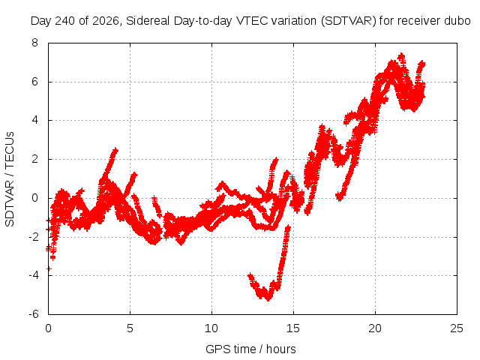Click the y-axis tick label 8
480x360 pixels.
[x=35, y=43]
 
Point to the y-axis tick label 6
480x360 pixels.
[x=35, y=82]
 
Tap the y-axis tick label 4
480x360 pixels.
[x=35, y=120]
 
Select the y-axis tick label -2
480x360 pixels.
[x=33, y=237]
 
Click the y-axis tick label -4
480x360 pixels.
[x=33, y=275]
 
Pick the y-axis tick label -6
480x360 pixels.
[x=33, y=314]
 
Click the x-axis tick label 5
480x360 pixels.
[x=130, y=328]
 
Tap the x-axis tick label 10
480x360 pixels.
[x=211, y=328]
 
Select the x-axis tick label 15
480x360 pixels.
[x=293, y=328]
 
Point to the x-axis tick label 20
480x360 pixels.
[x=375, y=328]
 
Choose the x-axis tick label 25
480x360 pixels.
[x=457, y=328]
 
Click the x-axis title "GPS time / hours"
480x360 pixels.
[x=250, y=349]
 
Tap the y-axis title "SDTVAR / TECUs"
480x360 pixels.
[x=10, y=179]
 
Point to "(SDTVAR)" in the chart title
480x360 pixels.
[x=349, y=21]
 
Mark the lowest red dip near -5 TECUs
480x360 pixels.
[x=268, y=298]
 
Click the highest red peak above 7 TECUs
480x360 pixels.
[x=401, y=56]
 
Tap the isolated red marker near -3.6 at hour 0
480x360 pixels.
[x=49, y=268]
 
